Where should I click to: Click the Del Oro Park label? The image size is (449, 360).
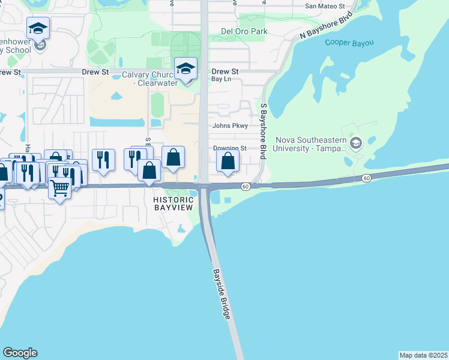click(x=244, y=31)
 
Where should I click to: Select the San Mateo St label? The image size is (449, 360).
click(x=325, y=6)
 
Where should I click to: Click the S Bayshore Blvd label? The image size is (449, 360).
click(x=263, y=131)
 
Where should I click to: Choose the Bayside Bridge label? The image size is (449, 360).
click(x=221, y=294)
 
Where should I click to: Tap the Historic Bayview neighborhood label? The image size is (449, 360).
click(x=173, y=203)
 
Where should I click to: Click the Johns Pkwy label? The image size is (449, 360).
click(x=229, y=126)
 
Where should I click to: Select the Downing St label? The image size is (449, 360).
click(x=229, y=148)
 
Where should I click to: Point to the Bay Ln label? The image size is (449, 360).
click(x=220, y=79)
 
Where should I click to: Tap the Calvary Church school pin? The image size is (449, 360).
click(x=185, y=68)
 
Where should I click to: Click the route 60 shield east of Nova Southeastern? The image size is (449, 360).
click(x=366, y=178)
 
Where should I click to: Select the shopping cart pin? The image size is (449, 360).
click(x=59, y=188)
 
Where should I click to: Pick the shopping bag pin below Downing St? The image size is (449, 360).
click(x=228, y=161)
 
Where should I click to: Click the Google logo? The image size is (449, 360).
click(x=20, y=353)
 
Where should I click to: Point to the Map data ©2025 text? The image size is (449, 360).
click(x=423, y=355)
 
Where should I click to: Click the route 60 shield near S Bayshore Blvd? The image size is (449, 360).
click(x=246, y=187)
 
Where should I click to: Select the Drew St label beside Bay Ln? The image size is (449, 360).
click(x=225, y=71)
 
